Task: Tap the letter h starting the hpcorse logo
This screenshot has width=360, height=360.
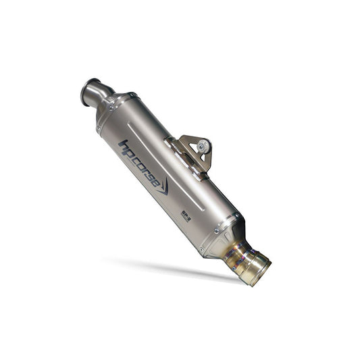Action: click(122, 145)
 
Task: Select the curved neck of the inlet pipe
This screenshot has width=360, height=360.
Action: click(101, 97)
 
